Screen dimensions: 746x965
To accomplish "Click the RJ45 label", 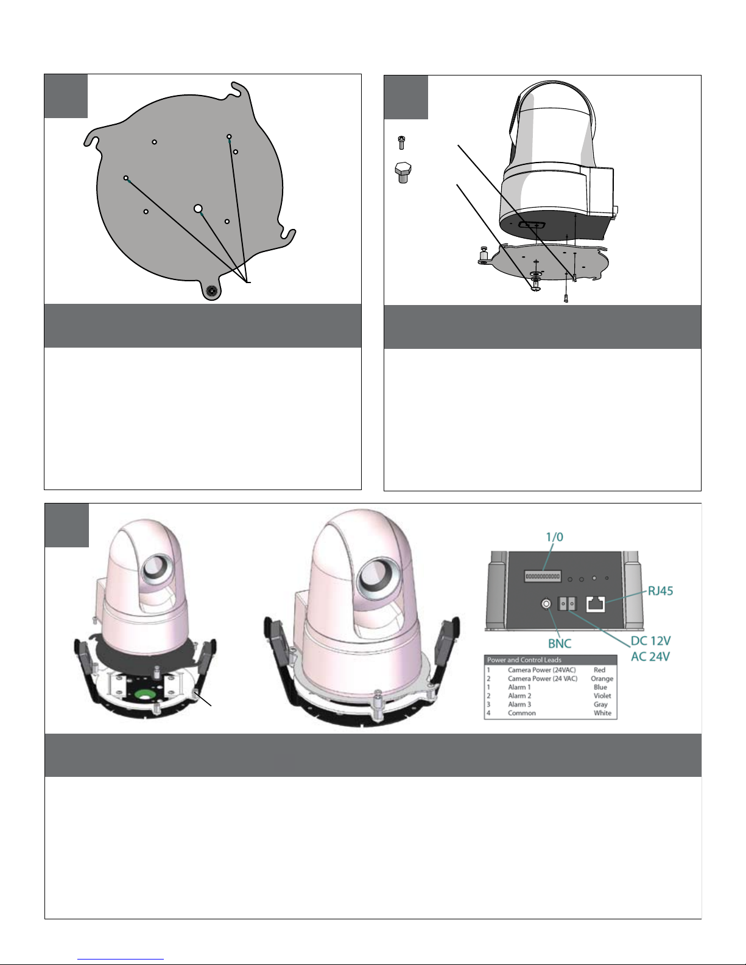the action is [x=660, y=591].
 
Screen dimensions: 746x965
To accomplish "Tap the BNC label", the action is [x=560, y=643].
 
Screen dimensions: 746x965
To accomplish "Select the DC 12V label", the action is [x=650, y=640].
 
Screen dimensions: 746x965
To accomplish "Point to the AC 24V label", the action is [x=650, y=656].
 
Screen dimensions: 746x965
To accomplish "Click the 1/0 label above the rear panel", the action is [x=554, y=537].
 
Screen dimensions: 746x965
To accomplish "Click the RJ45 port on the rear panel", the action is [x=596, y=604].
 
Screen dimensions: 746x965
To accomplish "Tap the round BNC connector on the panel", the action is [x=547, y=604].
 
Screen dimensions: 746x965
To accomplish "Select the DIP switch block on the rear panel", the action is [x=543, y=576].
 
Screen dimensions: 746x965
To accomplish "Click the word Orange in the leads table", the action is [x=602, y=678].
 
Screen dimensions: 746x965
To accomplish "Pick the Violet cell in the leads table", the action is [x=602, y=695].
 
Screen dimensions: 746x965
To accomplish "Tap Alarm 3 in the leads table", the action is [x=519, y=704].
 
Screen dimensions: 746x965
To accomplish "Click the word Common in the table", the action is [x=522, y=713].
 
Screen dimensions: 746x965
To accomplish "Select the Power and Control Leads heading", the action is [x=524, y=660].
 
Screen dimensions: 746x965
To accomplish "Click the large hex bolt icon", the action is [x=402, y=172].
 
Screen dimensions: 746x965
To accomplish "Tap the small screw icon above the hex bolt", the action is [x=401, y=142].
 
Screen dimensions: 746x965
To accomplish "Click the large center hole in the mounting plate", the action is [x=198, y=209].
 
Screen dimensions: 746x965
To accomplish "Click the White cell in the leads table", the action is [x=602, y=713].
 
